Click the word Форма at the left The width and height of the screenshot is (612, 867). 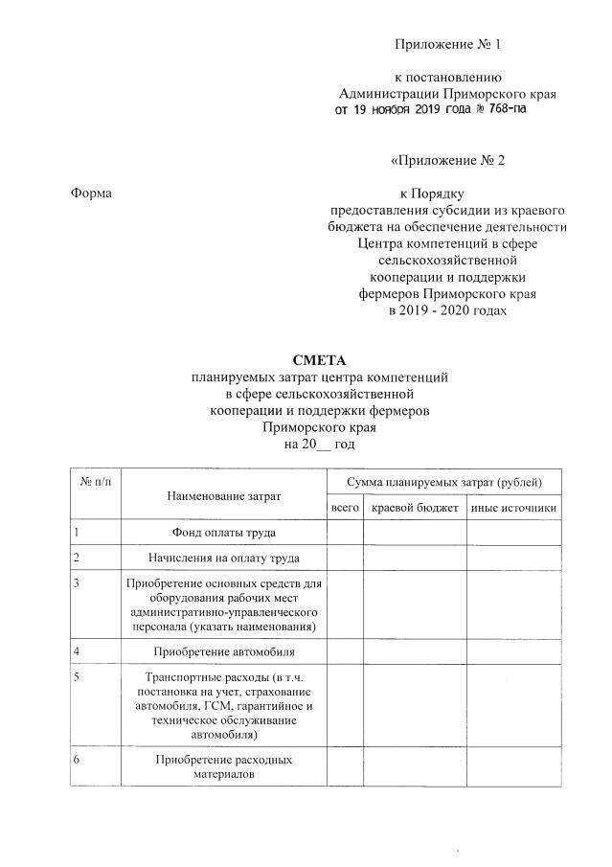(x=92, y=194)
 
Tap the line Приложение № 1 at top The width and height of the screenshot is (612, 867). (x=447, y=45)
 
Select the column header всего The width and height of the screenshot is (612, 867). (x=343, y=507)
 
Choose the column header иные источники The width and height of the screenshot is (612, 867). (x=513, y=507)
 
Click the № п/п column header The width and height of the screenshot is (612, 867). (x=96, y=479)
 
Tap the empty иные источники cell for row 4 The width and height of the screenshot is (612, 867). (x=513, y=652)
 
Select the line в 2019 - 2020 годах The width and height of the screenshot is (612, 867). (x=447, y=312)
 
